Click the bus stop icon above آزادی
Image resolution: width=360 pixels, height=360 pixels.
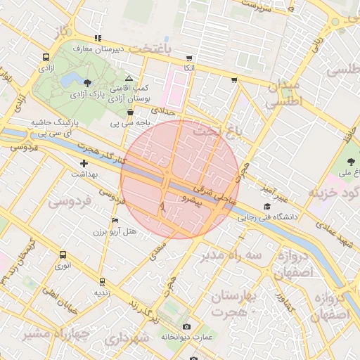[46, 58]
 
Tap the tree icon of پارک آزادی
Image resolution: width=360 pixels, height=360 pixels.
[87, 83]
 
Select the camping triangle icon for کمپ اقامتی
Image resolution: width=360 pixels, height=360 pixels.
[128, 79]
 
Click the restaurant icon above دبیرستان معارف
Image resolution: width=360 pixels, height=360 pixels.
[98, 38]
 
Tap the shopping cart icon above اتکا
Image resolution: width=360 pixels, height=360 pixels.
[188, 58]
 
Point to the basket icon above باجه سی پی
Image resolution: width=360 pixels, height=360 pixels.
[130, 112]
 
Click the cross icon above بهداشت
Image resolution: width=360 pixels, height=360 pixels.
[84, 163]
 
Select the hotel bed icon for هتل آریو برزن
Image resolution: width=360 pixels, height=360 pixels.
[115, 220]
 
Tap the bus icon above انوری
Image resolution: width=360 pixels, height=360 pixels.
[63, 255]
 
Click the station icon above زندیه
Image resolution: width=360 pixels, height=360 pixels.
[102, 281]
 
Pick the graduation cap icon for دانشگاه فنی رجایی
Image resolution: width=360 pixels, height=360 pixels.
[266, 206]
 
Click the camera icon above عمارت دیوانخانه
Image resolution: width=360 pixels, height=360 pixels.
[186, 326]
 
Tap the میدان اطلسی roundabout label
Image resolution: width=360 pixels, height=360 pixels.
[283, 93]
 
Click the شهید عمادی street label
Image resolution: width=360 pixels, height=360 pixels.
[334, 233]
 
